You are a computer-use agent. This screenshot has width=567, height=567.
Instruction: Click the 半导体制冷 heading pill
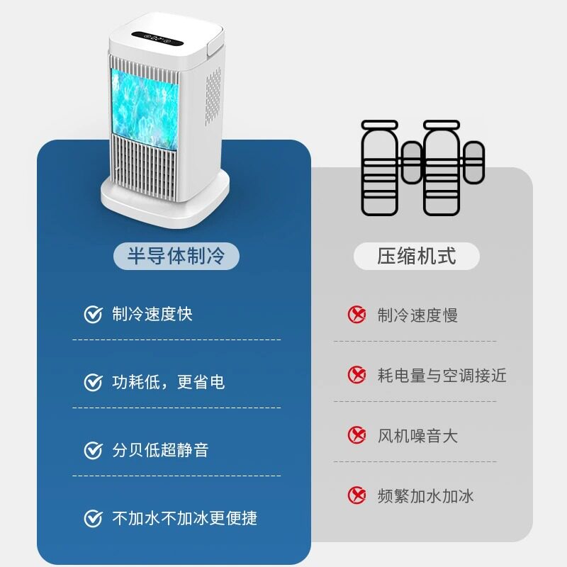[x=176, y=255]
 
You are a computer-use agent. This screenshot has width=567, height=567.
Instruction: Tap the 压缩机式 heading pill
[x=416, y=256]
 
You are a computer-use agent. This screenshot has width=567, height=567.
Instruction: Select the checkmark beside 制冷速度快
[x=93, y=315]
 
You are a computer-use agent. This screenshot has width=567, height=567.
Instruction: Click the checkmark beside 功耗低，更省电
[x=93, y=383]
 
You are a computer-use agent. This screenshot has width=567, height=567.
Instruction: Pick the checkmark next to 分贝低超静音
[x=93, y=450]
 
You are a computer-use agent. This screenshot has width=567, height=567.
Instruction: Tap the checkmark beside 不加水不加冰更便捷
[x=93, y=518]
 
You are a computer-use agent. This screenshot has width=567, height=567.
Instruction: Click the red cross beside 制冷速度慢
[x=357, y=315]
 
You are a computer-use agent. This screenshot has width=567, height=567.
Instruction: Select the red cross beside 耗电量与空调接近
[x=357, y=375]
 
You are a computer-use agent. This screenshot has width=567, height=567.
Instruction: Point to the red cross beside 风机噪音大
[x=357, y=435]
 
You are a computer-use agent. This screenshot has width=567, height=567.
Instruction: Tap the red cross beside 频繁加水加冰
[x=357, y=495]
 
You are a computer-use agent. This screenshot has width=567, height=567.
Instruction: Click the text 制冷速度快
[x=152, y=315]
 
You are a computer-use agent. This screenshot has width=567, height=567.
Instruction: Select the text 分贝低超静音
[x=160, y=450]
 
